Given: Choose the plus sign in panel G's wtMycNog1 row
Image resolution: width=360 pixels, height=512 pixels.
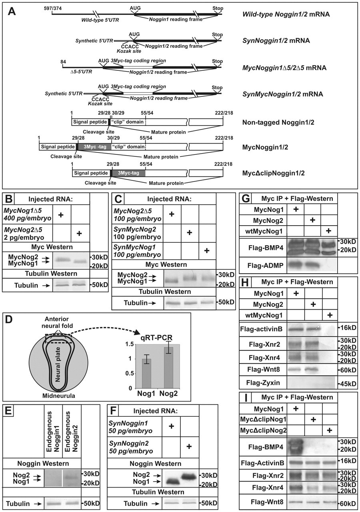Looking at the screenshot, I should [330, 231].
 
